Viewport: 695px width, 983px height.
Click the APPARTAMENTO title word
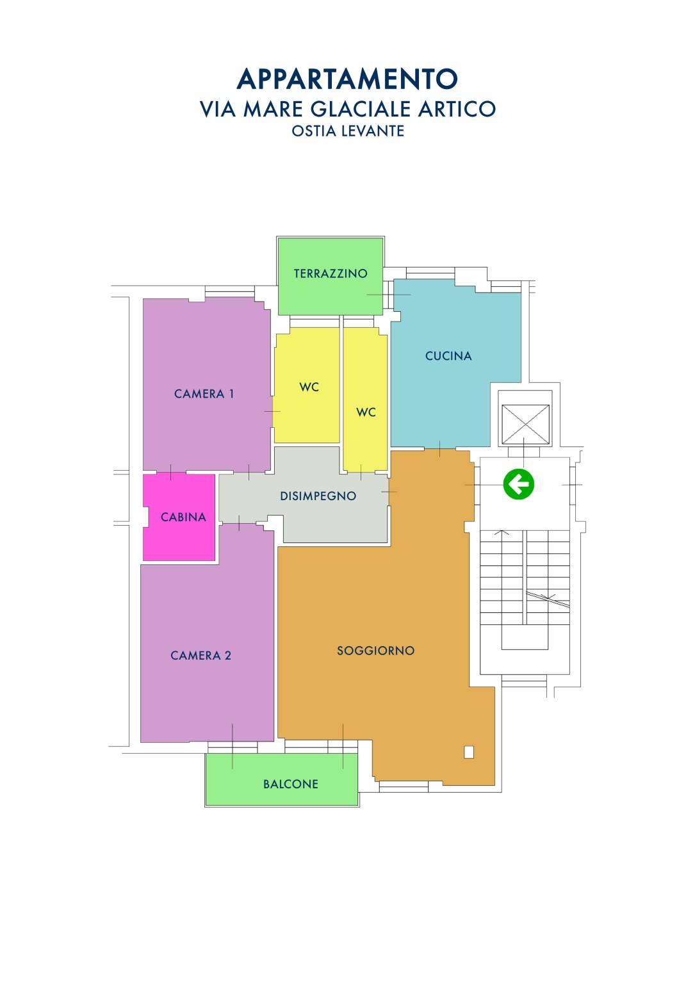347,79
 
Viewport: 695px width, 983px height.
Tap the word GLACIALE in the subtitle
361,109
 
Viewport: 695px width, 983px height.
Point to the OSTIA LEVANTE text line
348,131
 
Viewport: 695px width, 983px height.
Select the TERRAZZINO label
331,273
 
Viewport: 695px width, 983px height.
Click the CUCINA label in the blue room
448,355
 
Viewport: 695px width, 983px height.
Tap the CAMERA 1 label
204,394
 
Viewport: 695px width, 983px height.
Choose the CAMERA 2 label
200,655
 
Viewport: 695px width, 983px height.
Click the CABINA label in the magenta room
183,517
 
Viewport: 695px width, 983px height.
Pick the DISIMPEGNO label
318,496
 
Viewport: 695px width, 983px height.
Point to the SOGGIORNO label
376,651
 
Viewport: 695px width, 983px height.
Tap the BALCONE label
291,784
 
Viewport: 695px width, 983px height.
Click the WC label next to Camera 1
309,387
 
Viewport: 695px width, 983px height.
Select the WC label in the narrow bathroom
366,412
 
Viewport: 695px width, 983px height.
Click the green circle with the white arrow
518,485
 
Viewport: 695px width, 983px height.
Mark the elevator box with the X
525,425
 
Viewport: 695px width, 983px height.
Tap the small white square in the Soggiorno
469,752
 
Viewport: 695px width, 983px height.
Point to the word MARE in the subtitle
273,109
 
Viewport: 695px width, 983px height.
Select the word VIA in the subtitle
218,109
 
